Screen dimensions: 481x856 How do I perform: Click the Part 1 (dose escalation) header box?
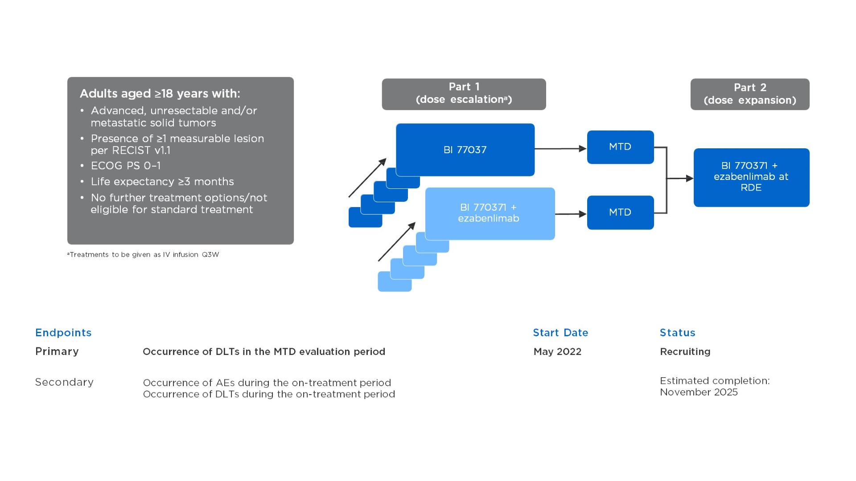pyautogui.click(x=464, y=94)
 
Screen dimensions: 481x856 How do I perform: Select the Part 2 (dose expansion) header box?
pyautogui.click(x=750, y=94)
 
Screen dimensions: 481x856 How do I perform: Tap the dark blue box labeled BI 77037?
pyautogui.click(x=465, y=150)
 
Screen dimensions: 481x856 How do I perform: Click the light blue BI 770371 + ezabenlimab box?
pyautogui.click(x=490, y=213)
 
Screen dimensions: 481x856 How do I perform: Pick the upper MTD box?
pyautogui.click(x=620, y=147)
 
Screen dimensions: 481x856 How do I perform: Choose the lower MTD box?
pyautogui.click(x=620, y=212)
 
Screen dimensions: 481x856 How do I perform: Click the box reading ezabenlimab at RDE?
pyautogui.click(x=751, y=177)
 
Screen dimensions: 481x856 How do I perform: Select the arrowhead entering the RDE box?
pyautogui.click(x=689, y=179)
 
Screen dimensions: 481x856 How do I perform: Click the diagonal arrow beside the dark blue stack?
pyautogui.click(x=367, y=178)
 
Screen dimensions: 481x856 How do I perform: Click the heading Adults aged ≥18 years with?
pyautogui.click(x=160, y=94)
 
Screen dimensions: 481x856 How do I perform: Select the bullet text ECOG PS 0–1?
pyautogui.click(x=126, y=166)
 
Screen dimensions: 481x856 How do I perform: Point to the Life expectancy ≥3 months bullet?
pyautogui.click(x=162, y=182)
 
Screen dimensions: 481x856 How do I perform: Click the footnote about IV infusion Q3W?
pyautogui.click(x=143, y=255)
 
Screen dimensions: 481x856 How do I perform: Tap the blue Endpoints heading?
pyautogui.click(x=63, y=333)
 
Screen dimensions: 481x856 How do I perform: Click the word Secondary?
pyautogui.click(x=64, y=382)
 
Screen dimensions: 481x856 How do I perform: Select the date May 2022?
pyautogui.click(x=557, y=352)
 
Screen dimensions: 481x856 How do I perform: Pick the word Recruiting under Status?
pyautogui.click(x=685, y=352)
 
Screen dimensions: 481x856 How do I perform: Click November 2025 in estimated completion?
pyautogui.click(x=699, y=392)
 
